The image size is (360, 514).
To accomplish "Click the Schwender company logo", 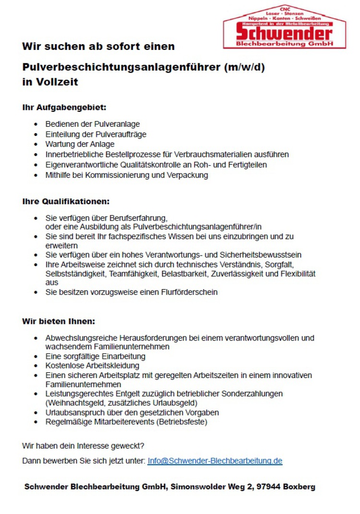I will (284, 28).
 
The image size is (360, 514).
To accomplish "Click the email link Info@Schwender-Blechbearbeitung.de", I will (215, 461).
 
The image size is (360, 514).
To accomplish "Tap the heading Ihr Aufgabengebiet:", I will (64, 107).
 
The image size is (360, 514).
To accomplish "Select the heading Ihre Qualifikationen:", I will (66, 201).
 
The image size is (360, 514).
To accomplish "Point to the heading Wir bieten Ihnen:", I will (59, 321).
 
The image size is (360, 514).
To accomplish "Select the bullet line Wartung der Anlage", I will (80, 144).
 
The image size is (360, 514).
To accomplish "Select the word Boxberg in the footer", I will (299, 487).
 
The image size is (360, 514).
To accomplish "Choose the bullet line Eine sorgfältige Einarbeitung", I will (95, 356).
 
